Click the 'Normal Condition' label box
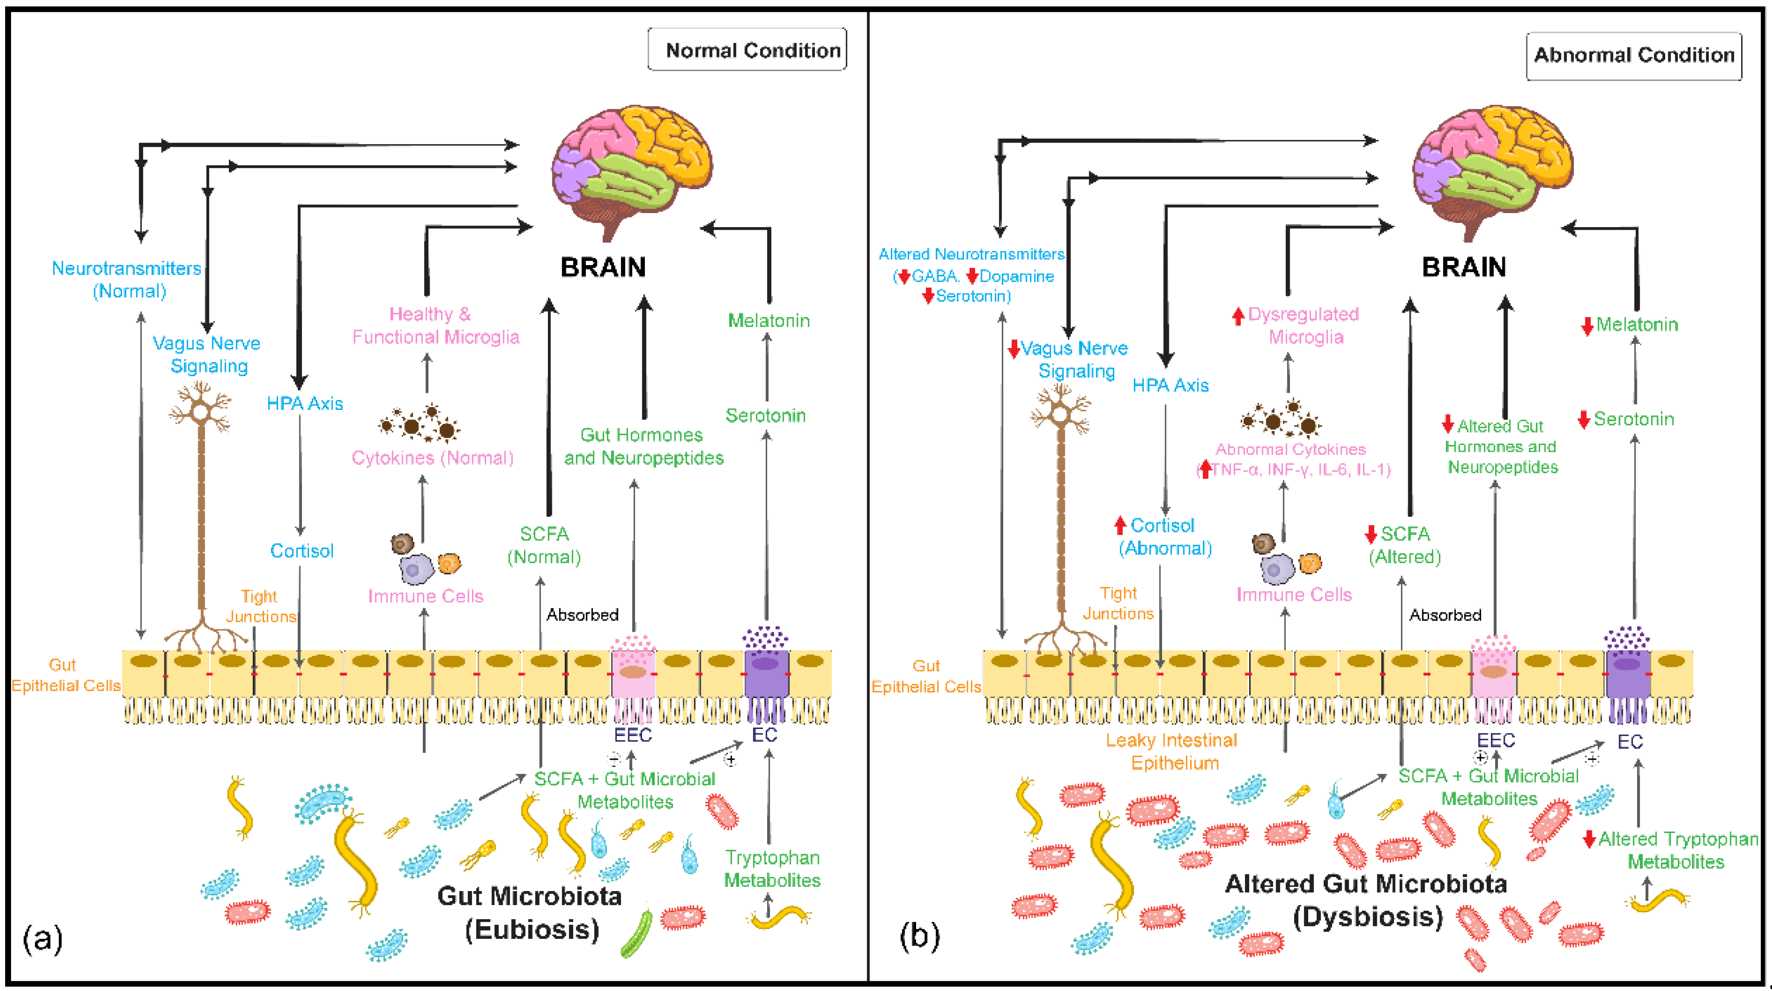click(747, 50)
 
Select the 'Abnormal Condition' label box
click(1634, 56)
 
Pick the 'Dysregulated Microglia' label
click(1303, 325)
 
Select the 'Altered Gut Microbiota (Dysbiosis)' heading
click(1366, 900)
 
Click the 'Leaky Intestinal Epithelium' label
click(1172, 751)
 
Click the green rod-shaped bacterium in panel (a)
click(636, 934)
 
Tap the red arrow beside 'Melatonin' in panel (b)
click(1587, 326)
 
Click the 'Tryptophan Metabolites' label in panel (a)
click(773, 868)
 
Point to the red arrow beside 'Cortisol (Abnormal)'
click(1120, 526)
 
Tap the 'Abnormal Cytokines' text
click(1291, 449)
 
